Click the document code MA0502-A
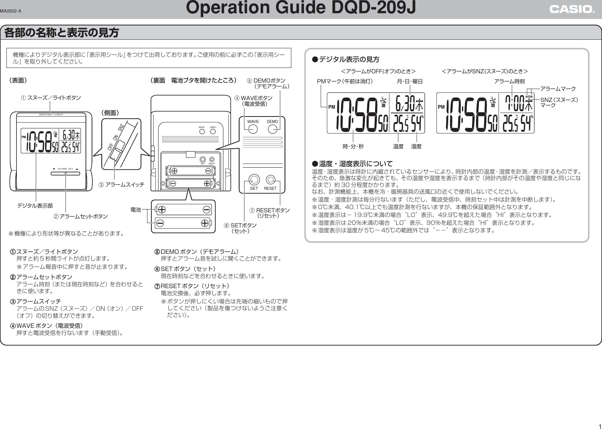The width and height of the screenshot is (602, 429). coord(11,11)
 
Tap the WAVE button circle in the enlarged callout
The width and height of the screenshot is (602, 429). coord(253,129)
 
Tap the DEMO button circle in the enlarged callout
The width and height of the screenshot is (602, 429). coord(272,129)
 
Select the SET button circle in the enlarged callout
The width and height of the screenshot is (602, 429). coord(254,179)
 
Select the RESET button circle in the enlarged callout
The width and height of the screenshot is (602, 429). coord(271,179)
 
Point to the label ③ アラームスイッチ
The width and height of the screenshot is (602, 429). coord(121,184)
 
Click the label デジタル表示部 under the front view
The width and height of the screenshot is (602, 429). coord(35,206)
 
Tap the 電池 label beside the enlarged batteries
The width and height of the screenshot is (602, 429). coord(136,209)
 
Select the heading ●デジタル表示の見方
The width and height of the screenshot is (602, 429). coord(346,59)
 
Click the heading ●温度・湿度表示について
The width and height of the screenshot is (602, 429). coord(352,164)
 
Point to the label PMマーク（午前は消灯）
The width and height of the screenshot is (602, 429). coord(345,82)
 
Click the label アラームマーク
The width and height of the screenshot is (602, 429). coord(558,88)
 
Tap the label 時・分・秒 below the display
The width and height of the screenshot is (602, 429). coord(353,146)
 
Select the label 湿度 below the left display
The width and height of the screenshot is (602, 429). coord(416,146)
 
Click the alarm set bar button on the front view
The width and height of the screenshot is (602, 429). coord(65,173)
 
